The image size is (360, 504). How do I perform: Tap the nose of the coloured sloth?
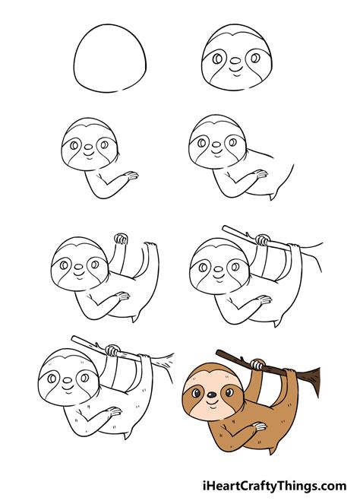[207, 394]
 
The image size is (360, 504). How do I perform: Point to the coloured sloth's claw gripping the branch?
[259, 365]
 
